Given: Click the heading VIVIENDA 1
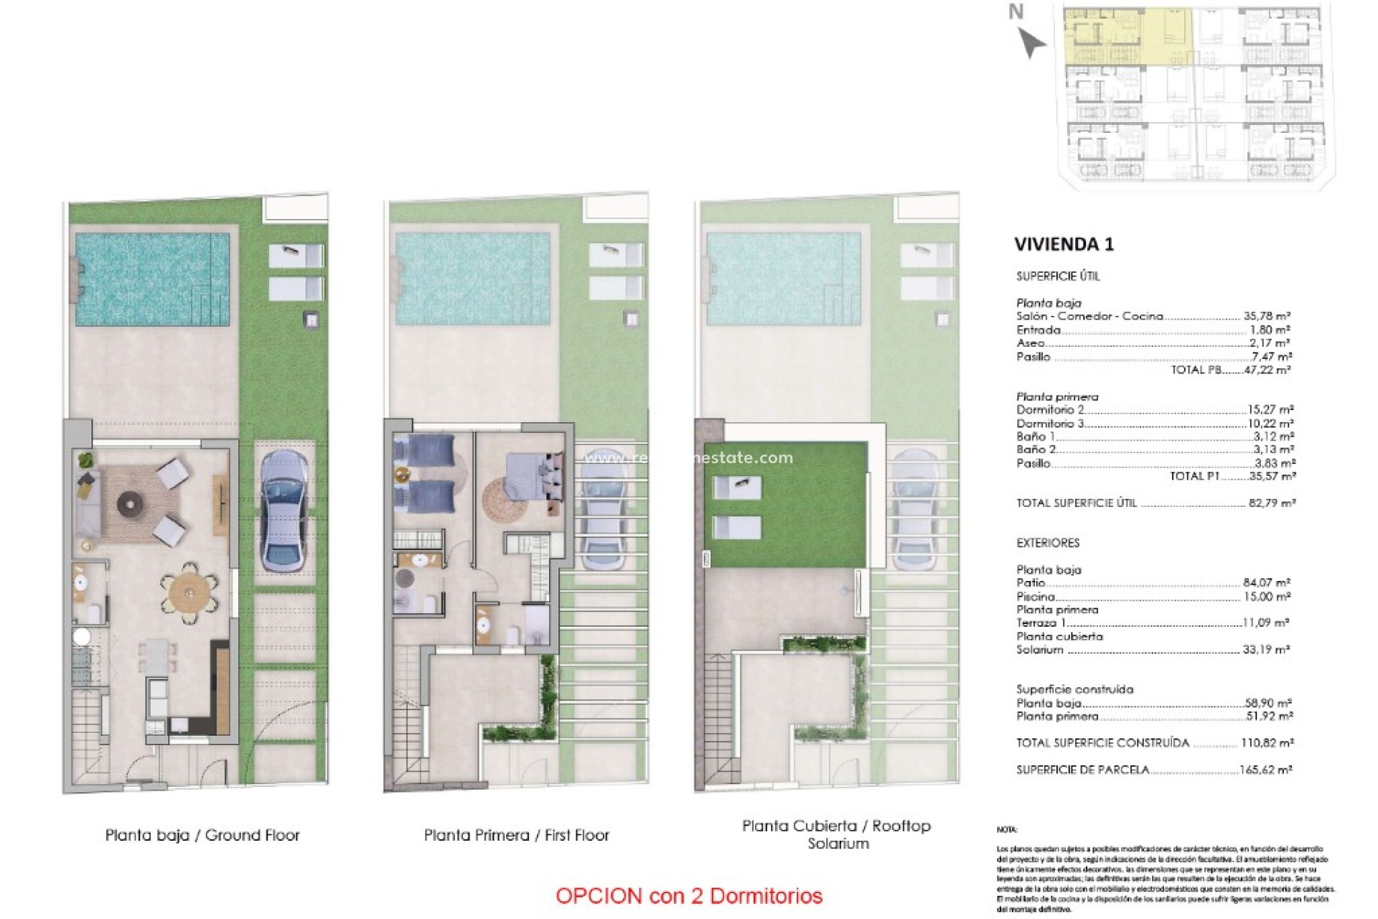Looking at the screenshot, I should pyautogui.click(x=1064, y=244).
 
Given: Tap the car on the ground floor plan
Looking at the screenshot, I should pyautogui.click(x=283, y=510).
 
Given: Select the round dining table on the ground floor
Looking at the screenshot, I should pyautogui.click(x=189, y=594).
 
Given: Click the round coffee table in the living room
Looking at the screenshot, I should pyautogui.click(x=130, y=504).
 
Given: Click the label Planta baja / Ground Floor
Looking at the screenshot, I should pyautogui.click(x=202, y=835).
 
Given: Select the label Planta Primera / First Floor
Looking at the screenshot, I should pyautogui.click(x=516, y=835).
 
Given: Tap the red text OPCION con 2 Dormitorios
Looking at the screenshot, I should pyautogui.click(x=689, y=896).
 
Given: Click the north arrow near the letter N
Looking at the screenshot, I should pyautogui.click(x=1031, y=42).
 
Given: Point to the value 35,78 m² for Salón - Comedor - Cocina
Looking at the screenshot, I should pyautogui.click(x=1267, y=316).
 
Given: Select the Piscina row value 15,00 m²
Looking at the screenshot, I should pyautogui.click(x=1267, y=597).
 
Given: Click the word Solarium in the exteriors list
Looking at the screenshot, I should pyautogui.click(x=1039, y=650).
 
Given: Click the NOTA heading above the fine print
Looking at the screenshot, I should pyautogui.click(x=1006, y=829).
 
